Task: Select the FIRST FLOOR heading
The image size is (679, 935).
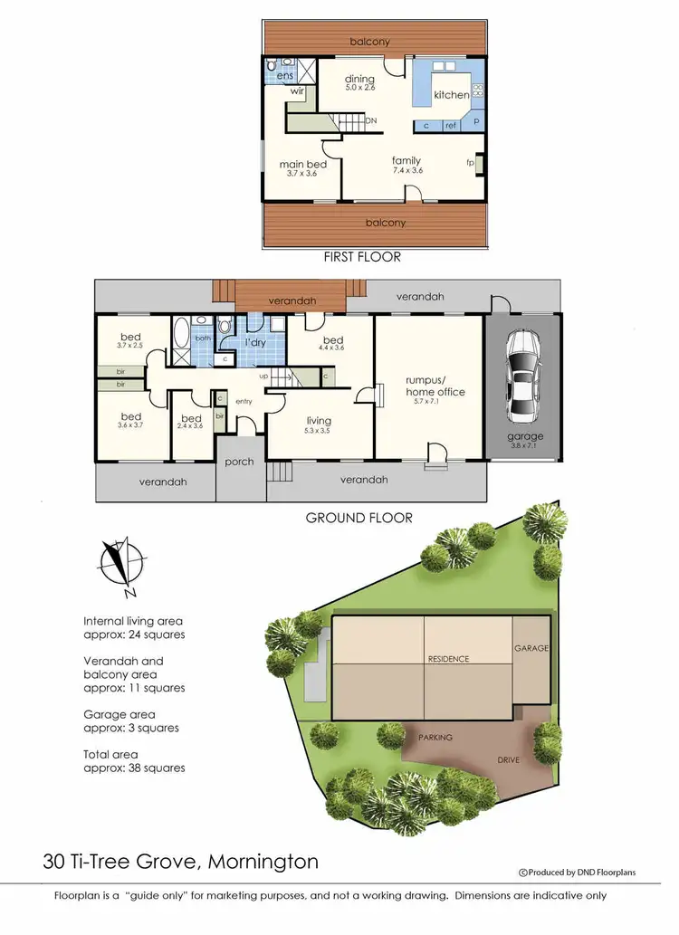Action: tap(362, 257)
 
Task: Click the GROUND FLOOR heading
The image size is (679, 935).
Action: tap(359, 518)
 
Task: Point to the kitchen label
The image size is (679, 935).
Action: tap(452, 95)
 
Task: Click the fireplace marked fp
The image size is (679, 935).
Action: tap(471, 163)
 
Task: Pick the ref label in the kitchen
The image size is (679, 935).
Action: tap(450, 126)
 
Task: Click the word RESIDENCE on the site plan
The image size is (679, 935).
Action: tap(449, 659)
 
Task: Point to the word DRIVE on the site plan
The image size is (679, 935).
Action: tap(509, 759)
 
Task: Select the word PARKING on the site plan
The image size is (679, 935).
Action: tap(435, 738)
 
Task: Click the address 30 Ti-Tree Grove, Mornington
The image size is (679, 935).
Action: tap(180, 861)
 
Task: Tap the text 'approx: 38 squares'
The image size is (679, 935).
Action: tap(134, 768)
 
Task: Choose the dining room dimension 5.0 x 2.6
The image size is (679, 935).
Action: tap(359, 88)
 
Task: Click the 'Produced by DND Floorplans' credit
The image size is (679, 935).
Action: tap(577, 873)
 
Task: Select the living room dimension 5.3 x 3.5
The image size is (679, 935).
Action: tap(319, 431)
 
